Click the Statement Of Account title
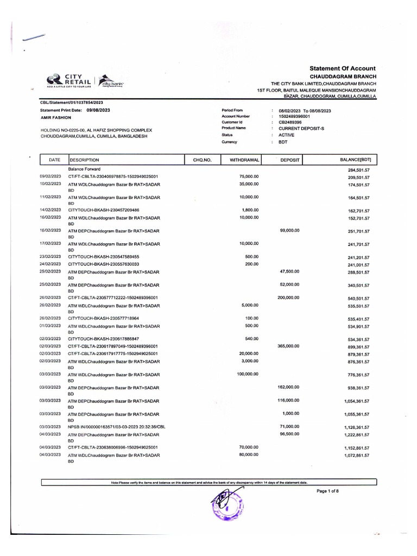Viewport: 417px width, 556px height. pyautogui.click(x=342, y=68)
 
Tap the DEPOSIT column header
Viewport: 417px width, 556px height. pyautogui.click(x=290, y=160)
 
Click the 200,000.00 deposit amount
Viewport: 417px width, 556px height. pyautogui.click(x=288, y=298)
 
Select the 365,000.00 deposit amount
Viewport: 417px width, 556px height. pyautogui.click(x=288, y=345)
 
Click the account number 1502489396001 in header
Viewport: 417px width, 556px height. pyautogui.click(x=294, y=116)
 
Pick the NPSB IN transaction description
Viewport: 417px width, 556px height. pyautogui.click(x=116, y=427)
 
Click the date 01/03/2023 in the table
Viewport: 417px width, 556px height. pyautogui.click(x=49, y=326)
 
